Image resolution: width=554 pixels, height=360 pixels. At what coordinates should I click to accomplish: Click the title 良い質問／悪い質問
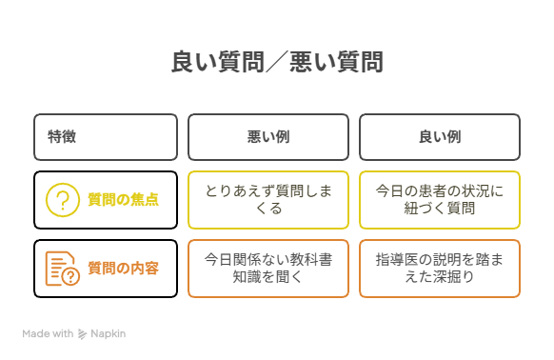277,63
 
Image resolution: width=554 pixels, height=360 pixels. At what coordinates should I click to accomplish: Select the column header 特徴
62,137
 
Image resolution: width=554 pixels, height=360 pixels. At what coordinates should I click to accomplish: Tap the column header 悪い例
268,137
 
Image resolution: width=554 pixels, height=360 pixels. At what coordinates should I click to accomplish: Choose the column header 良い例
440,137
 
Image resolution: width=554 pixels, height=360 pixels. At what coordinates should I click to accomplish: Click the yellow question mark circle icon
63,200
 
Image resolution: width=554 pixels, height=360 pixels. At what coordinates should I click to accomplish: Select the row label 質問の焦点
123,200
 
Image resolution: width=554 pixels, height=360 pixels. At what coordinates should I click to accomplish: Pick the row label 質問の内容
123,269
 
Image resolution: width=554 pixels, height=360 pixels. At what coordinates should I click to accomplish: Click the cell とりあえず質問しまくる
268,200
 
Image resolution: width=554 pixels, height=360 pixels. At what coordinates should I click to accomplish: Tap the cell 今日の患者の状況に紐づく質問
440,200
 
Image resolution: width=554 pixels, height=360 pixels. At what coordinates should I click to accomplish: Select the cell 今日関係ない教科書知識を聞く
268,269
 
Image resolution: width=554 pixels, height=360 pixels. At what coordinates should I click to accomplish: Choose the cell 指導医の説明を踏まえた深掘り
440,269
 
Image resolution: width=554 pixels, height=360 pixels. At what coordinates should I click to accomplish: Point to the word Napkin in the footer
109,334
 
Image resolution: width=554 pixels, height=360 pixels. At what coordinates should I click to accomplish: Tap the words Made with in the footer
48,334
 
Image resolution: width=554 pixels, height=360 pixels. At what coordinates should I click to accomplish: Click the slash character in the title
277,63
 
